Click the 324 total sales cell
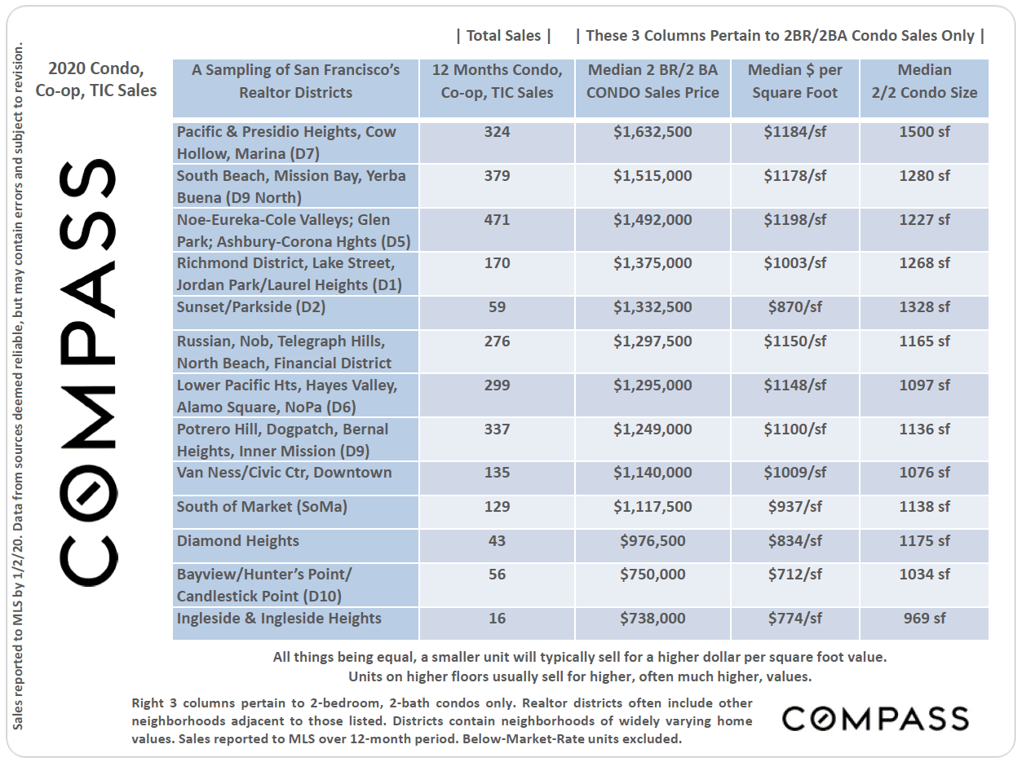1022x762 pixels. tap(497, 132)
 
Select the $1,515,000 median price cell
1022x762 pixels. tap(653, 176)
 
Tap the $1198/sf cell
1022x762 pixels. tap(794, 220)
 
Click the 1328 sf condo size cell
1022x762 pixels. tap(924, 307)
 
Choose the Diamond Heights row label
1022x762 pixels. tap(238, 541)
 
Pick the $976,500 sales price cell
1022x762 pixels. tap(653, 541)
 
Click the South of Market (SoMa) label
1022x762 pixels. tap(262, 507)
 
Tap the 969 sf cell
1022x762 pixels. tap(924, 619)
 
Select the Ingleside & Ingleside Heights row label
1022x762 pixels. tap(279, 619)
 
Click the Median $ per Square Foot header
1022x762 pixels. tap(794, 81)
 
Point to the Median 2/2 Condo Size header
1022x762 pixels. tap(924, 81)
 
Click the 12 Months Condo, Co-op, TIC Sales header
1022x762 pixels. tap(497, 81)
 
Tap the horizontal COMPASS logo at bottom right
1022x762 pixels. tap(875, 719)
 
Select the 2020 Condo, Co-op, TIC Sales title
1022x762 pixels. tap(96, 80)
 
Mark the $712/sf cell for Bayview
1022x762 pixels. tap(794, 575)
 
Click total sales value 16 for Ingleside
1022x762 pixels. tap(497, 619)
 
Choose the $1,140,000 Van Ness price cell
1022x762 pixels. tap(653, 473)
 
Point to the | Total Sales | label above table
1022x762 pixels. tap(503, 36)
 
